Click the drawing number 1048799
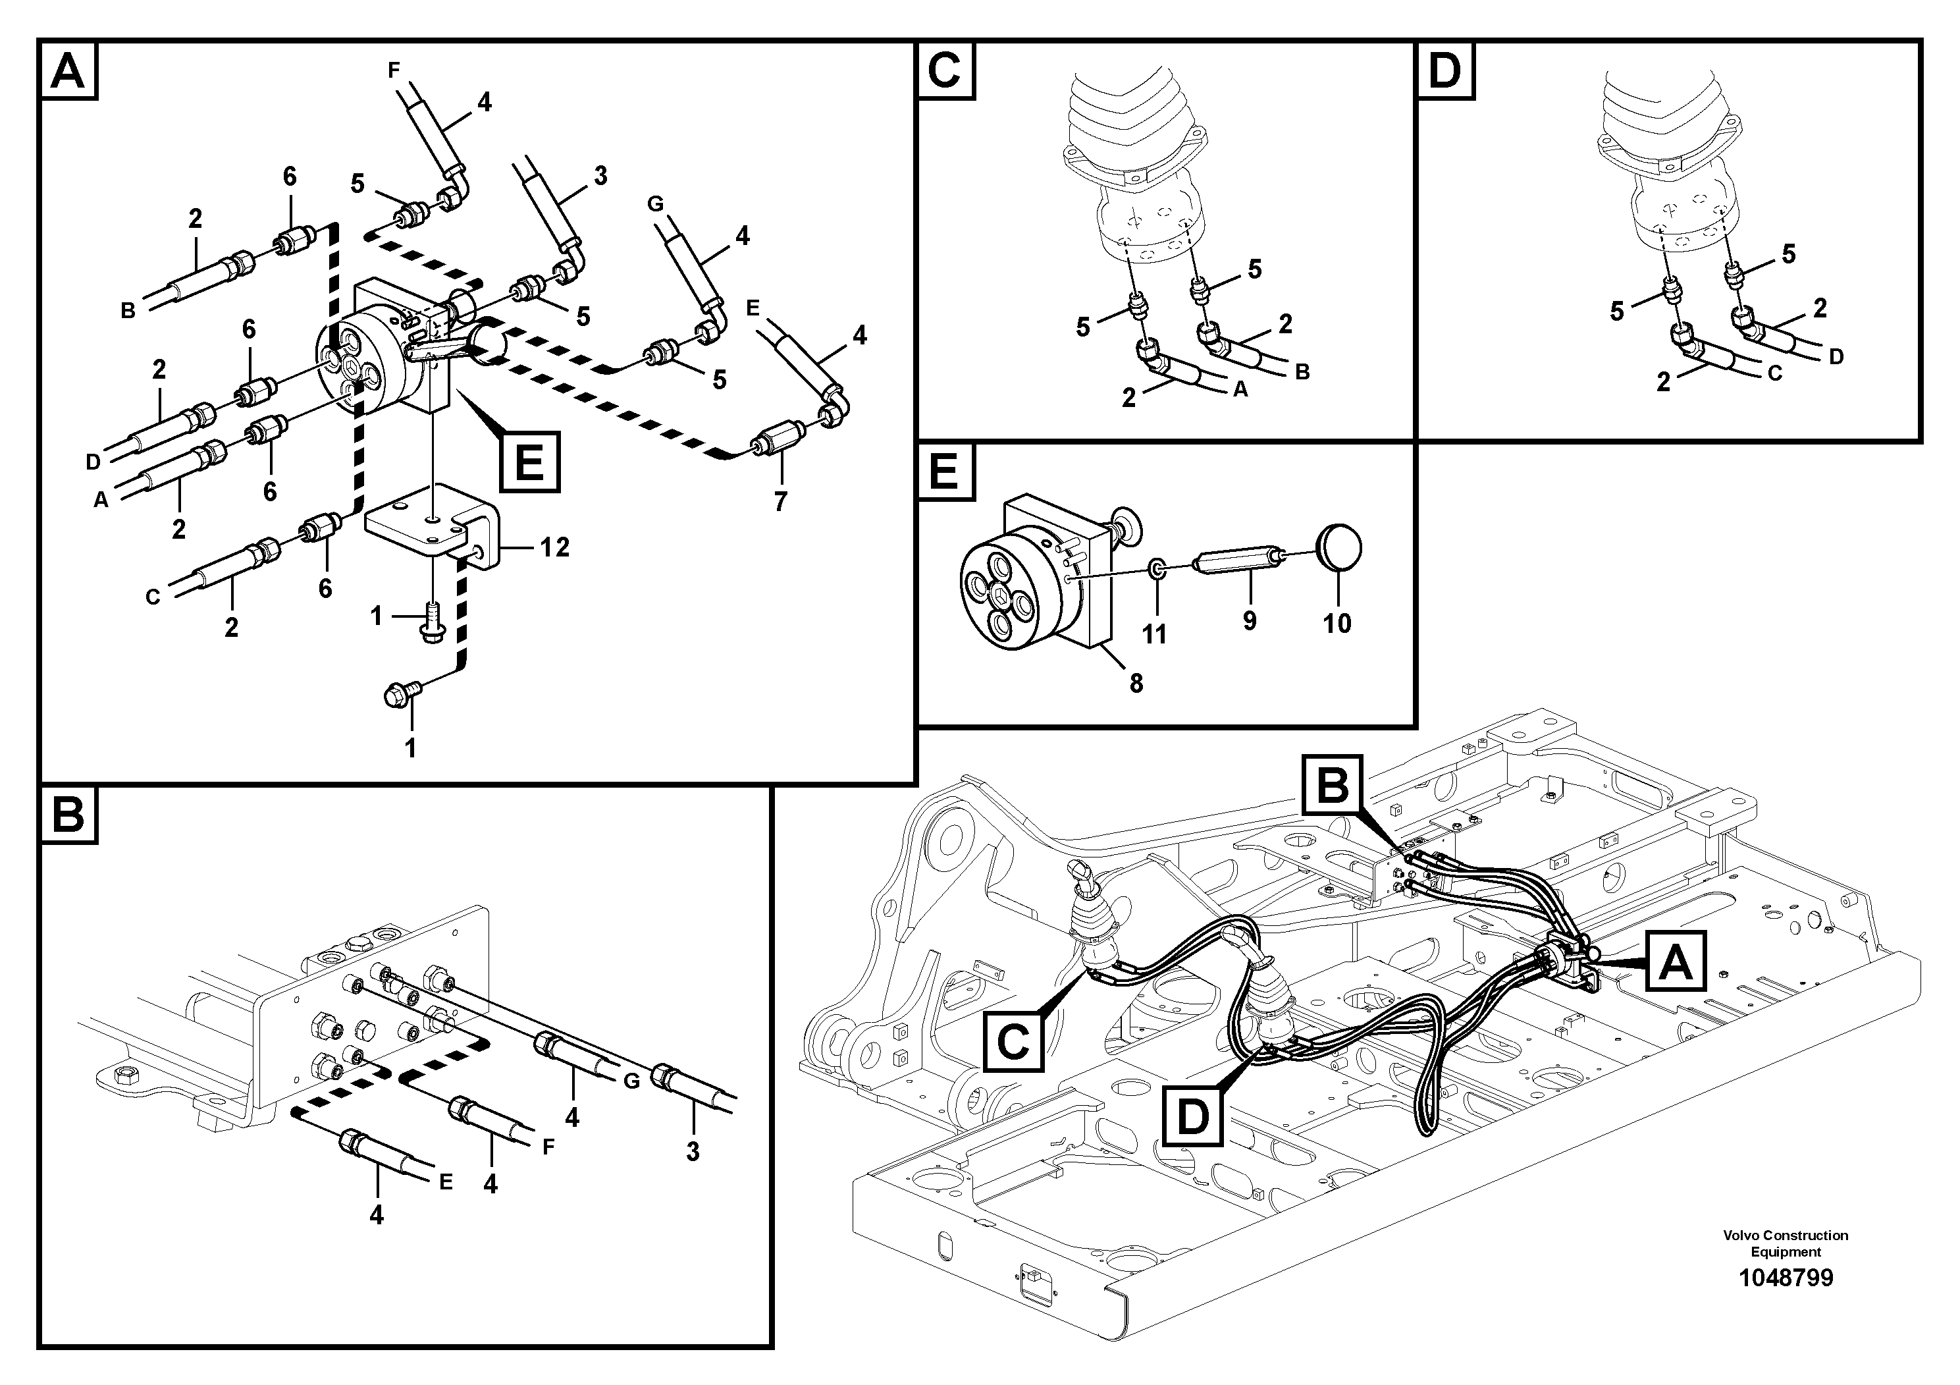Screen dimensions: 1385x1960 1785,1278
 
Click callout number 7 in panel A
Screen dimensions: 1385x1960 780,501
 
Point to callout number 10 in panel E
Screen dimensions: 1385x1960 1337,622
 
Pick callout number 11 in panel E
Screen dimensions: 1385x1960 1154,634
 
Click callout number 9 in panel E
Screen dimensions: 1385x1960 1249,621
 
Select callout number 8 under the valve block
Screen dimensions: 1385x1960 1135,683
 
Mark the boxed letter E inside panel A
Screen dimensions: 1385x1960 529,462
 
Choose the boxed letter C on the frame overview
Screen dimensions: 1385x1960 1013,1041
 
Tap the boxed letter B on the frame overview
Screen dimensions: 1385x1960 1333,785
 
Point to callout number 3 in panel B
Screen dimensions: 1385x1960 693,1151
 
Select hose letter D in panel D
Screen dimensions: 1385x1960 1836,356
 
